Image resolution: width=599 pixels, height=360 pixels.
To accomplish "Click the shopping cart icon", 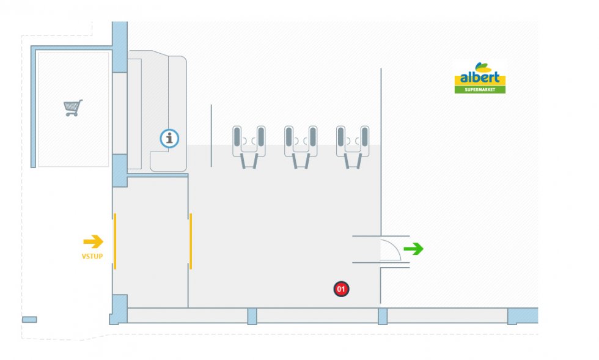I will pyautogui.click(x=73, y=108).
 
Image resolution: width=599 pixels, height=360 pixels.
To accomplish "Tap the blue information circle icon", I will pyautogui.click(x=169, y=139).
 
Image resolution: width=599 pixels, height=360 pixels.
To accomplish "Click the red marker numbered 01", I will pyautogui.click(x=341, y=288).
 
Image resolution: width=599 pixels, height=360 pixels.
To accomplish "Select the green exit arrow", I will pyautogui.click(x=414, y=249).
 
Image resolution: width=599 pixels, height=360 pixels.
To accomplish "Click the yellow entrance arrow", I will pyautogui.click(x=93, y=241).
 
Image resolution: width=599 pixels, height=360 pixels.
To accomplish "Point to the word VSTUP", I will pyautogui.click(x=92, y=256).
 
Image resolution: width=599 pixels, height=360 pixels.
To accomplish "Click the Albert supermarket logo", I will pyautogui.click(x=480, y=78).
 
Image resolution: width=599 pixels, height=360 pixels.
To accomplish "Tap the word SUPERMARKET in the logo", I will pyautogui.click(x=480, y=89).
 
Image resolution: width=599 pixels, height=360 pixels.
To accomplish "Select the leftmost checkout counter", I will pyautogui.click(x=248, y=146).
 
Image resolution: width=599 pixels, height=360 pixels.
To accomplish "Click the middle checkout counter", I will pyautogui.click(x=300, y=146).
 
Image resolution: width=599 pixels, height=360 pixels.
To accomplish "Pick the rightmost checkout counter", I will pyautogui.click(x=352, y=146).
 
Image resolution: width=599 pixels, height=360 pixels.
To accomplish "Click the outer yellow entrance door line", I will pyautogui.click(x=115, y=241).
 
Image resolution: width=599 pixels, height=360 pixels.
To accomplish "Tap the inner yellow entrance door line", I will pyautogui.click(x=191, y=241).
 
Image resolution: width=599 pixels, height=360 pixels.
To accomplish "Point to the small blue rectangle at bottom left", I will pyautogui.click(x=29, y=320).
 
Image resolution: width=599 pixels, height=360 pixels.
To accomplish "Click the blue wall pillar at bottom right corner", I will pyautogui.click(x=522, y=315).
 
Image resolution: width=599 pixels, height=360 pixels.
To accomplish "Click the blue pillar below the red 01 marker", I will pyautogui.click(x=383, y=316).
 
